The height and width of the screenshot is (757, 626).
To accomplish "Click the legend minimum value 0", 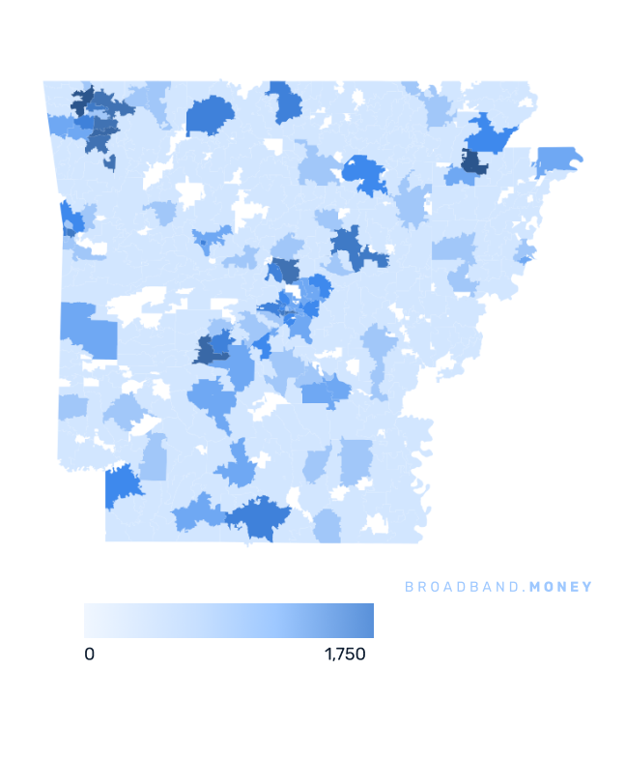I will tap(89, 655).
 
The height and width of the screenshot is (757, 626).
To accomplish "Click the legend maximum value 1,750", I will tap(345, 655).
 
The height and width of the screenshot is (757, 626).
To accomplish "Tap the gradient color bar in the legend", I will tap(228, 621).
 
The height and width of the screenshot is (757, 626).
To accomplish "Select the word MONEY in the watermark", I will tap(559, 587).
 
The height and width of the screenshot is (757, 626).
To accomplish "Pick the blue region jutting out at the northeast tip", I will tap(557, 159).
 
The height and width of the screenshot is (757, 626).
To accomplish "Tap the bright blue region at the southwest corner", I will tap(121, 482).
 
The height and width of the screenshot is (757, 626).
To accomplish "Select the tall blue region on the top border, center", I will tap(283, 101).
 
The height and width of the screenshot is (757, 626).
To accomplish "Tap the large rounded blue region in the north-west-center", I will tap(209, 116).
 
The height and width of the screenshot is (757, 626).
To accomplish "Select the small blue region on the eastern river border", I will tap(525, 253).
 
